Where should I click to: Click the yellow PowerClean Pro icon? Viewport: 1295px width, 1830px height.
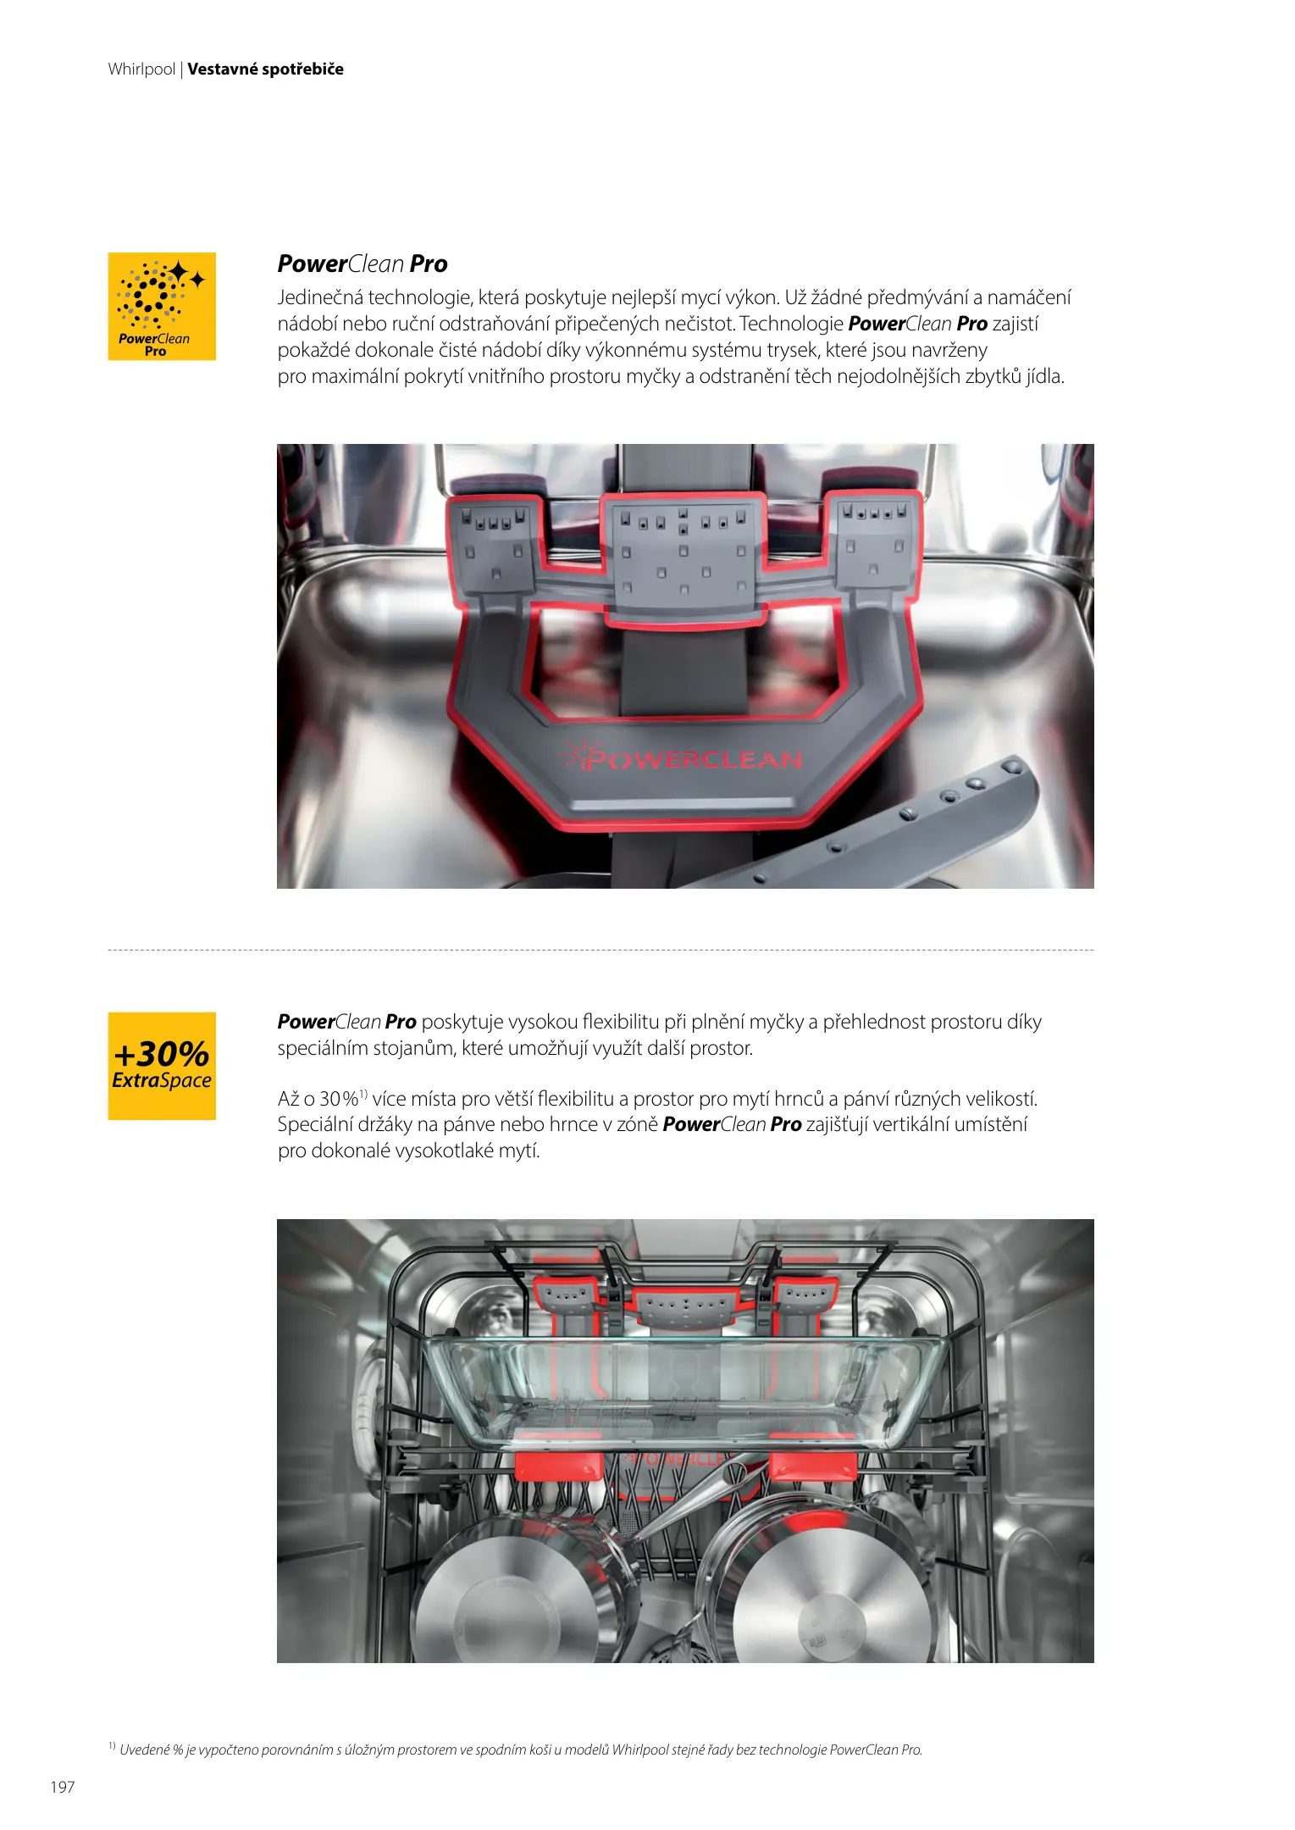pyautogui.click(x=162, y=306)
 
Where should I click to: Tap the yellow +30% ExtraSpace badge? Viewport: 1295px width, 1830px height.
pyautogui.click(x=162, y=1066)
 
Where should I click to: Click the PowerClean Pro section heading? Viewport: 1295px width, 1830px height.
pyautogui.click(x=362, y=264)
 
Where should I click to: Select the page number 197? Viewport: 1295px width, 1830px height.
pyautogui.click(x=63, y=1787)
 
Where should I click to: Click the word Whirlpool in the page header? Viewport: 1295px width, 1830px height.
pyautogui.click(x=141, y=69)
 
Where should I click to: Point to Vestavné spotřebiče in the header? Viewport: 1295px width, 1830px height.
pyautogui.click(x=265, y=69)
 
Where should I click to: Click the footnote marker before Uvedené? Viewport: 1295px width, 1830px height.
pyautogui.click(x=112, y=1745)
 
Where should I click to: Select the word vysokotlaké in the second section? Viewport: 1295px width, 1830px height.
pyautogui.click(x=440, y=1151)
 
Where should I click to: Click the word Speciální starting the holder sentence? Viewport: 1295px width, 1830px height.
pyautogui.click(x=318, y=1125)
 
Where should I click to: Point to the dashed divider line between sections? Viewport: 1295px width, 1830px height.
pyautogui.click(x=600, y=951)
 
